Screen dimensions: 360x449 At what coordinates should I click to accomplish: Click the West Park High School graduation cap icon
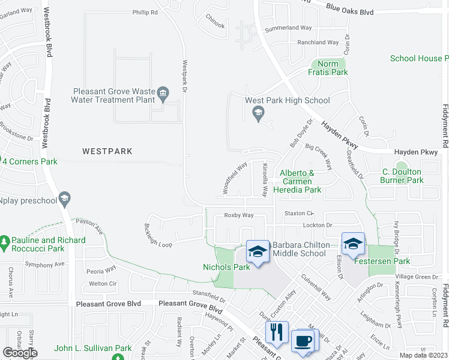pyautogui.click(x=258, y=112)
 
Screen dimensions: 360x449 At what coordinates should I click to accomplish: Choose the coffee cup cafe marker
pyautogui.click(x=303, y=341)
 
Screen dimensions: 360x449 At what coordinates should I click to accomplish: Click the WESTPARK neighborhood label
pyautogui.click(x=107, y=152)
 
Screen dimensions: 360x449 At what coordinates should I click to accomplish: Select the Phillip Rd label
pyautogui.click(x=145, y=11)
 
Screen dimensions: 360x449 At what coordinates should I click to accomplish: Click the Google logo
pyautogui.click(x=20, y=353)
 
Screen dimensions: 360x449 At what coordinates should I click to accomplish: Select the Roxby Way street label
pyautogui.click(x=238, y=215)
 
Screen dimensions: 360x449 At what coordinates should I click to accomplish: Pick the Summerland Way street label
pyautogui.click(x=289, y=28)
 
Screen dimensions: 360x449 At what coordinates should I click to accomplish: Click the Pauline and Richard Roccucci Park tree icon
pyautogui.click(x=5, y=240)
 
